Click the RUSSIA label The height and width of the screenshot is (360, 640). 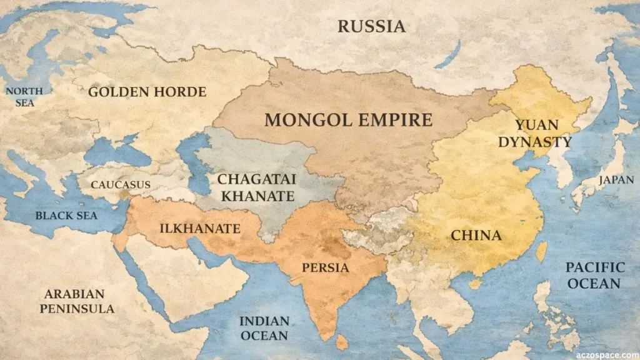371,26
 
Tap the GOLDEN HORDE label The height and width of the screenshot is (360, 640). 147,92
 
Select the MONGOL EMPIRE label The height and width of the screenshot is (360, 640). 348,119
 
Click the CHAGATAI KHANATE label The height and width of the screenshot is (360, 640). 256,187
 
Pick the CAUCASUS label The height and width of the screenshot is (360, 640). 121,184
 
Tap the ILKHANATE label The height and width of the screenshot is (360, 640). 199,229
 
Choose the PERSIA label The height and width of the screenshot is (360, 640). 325,267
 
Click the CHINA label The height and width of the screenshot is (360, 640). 476,236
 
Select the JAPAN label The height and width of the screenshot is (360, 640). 611,180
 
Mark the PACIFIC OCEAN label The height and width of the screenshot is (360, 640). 595,275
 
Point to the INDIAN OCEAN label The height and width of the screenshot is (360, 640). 264,328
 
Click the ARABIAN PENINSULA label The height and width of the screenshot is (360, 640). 77,301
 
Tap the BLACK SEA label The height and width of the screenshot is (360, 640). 66,215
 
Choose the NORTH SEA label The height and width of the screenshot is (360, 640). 24,96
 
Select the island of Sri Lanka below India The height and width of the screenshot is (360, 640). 342,342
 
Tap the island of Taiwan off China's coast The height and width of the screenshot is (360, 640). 541,251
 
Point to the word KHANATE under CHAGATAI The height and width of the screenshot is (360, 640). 256,196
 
